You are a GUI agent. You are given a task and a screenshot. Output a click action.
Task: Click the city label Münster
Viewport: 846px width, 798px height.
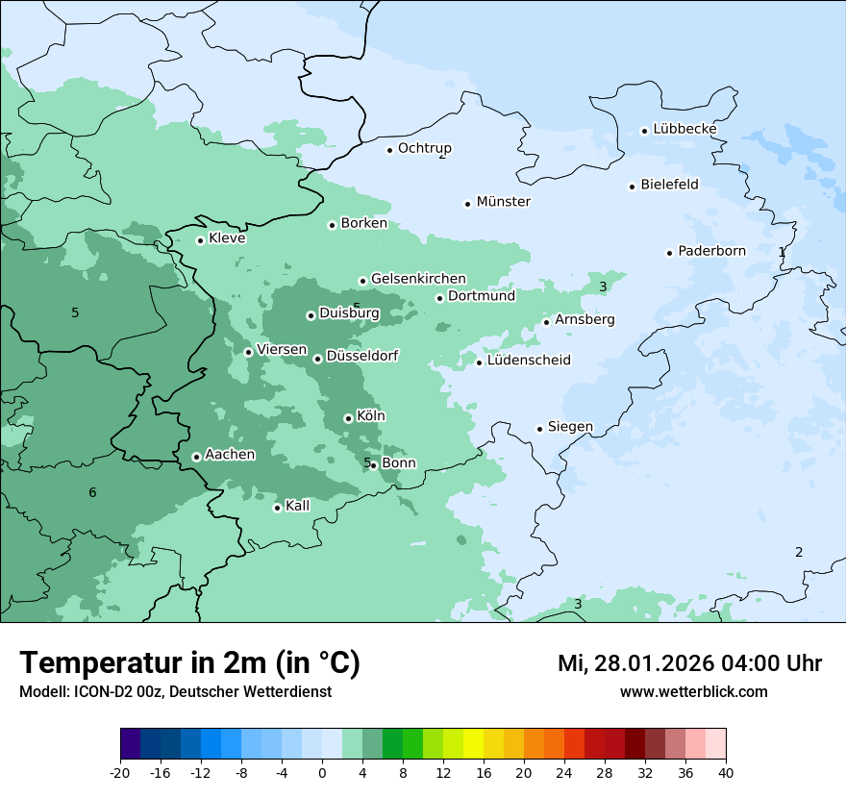(503, 202)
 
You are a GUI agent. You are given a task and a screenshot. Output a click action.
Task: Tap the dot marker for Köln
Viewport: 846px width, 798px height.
(348, 418)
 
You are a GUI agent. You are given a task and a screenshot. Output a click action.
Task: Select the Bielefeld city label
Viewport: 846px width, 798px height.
(669, 185)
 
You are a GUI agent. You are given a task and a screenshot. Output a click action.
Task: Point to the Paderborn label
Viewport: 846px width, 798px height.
(711, 251)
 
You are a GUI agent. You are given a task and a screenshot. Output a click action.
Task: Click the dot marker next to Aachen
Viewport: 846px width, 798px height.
(196, 457)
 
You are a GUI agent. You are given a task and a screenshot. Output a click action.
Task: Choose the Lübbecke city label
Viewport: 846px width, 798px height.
(684, 129)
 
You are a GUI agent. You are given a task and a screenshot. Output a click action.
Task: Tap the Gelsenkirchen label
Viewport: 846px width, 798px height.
(418, 279)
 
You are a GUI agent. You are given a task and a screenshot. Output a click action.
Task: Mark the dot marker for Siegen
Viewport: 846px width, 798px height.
(539, 429)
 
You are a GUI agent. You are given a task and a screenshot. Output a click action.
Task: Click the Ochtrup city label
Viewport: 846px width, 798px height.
(424, 148)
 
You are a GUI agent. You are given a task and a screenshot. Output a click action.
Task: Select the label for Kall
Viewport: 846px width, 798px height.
(297, 506)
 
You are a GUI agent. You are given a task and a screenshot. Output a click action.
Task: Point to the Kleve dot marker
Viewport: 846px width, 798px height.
(200, 240)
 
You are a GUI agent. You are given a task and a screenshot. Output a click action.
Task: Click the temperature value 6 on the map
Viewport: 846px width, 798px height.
(92, 493)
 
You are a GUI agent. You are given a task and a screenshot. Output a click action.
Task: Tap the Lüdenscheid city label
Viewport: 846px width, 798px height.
(529, 361)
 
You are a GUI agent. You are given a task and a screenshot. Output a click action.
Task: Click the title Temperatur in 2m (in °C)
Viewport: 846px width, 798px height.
(189, 663)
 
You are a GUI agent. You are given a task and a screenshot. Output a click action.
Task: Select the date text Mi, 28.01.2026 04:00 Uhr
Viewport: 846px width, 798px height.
(689, 663)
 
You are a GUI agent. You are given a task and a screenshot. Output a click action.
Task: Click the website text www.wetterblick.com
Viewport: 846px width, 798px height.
(693, 692)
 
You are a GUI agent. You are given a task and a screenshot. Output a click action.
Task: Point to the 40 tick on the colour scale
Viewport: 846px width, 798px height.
(725, 773)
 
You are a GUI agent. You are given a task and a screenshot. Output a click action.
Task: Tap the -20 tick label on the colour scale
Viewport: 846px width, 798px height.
(119, 773)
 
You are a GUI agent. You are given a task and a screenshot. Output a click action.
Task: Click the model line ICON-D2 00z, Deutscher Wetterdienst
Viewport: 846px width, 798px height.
(175, 692)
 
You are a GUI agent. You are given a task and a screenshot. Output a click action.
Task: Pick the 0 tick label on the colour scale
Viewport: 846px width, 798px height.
(322, 773)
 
